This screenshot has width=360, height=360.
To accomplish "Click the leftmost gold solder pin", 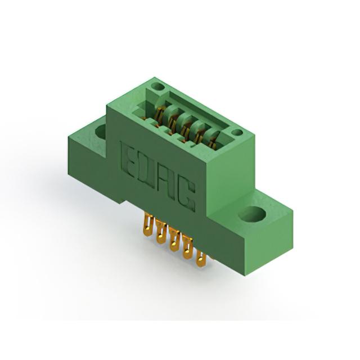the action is pos(148,225).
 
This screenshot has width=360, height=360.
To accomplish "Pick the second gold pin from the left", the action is pos(161,232).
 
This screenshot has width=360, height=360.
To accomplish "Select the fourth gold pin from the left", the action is pos(187,249).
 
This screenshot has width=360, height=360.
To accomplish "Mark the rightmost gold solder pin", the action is pos(201,259).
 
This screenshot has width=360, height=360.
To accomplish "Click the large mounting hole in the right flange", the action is pos(252,214).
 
